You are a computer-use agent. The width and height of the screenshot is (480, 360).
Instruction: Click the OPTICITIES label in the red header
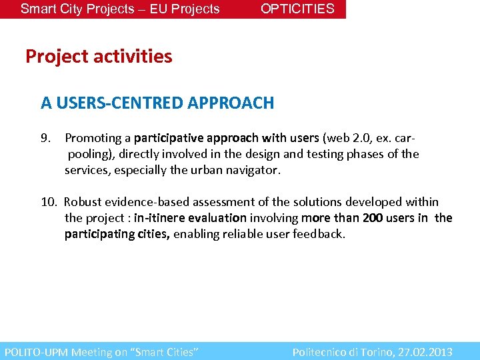click(297, 9)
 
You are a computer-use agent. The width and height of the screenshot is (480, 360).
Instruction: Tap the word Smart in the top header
click(38, 9)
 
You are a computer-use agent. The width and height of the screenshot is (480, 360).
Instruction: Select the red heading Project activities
click(99, 57)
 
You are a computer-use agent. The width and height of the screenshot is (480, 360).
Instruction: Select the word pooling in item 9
click(87, 154)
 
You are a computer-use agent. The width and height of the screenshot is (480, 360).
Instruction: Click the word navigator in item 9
click(255, 170)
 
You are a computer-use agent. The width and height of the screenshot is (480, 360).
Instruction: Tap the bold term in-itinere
click(157, 218)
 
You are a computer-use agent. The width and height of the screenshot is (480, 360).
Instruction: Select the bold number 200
click(372, 218)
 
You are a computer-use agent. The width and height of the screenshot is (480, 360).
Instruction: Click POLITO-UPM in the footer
click(36, 352)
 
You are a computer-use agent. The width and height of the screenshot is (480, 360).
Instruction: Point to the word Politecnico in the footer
click(322, 352)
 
